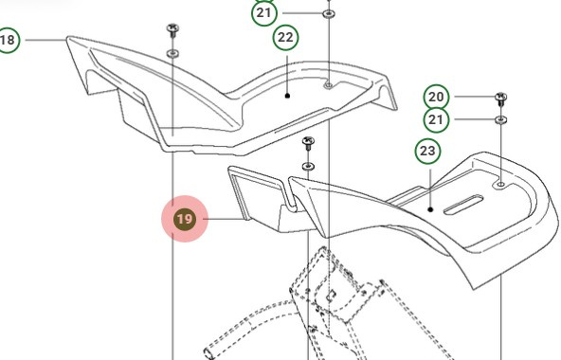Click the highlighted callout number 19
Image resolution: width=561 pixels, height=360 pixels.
(185, 220)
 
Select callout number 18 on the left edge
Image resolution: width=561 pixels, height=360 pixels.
(8, 41)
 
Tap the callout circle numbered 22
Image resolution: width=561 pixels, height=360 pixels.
(285, 38)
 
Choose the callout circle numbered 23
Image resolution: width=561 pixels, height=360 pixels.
(427, 151)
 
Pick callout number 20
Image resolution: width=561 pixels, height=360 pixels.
(436, 98)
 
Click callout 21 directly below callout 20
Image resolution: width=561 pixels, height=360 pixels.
(436, 120)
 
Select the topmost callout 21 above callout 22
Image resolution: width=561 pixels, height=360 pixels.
(264, 14)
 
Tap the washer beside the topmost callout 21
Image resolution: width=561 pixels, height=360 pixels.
(328, 15)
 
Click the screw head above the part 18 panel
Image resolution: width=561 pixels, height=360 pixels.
(172, 29)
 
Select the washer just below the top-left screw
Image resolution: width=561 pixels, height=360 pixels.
(172, 53)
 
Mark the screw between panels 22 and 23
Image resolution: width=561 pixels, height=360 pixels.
(308, 143)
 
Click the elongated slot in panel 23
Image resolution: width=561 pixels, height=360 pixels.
(460, 204)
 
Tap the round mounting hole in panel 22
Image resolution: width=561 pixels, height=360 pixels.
(328, 85)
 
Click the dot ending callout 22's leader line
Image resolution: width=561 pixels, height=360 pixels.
(286, 95)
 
